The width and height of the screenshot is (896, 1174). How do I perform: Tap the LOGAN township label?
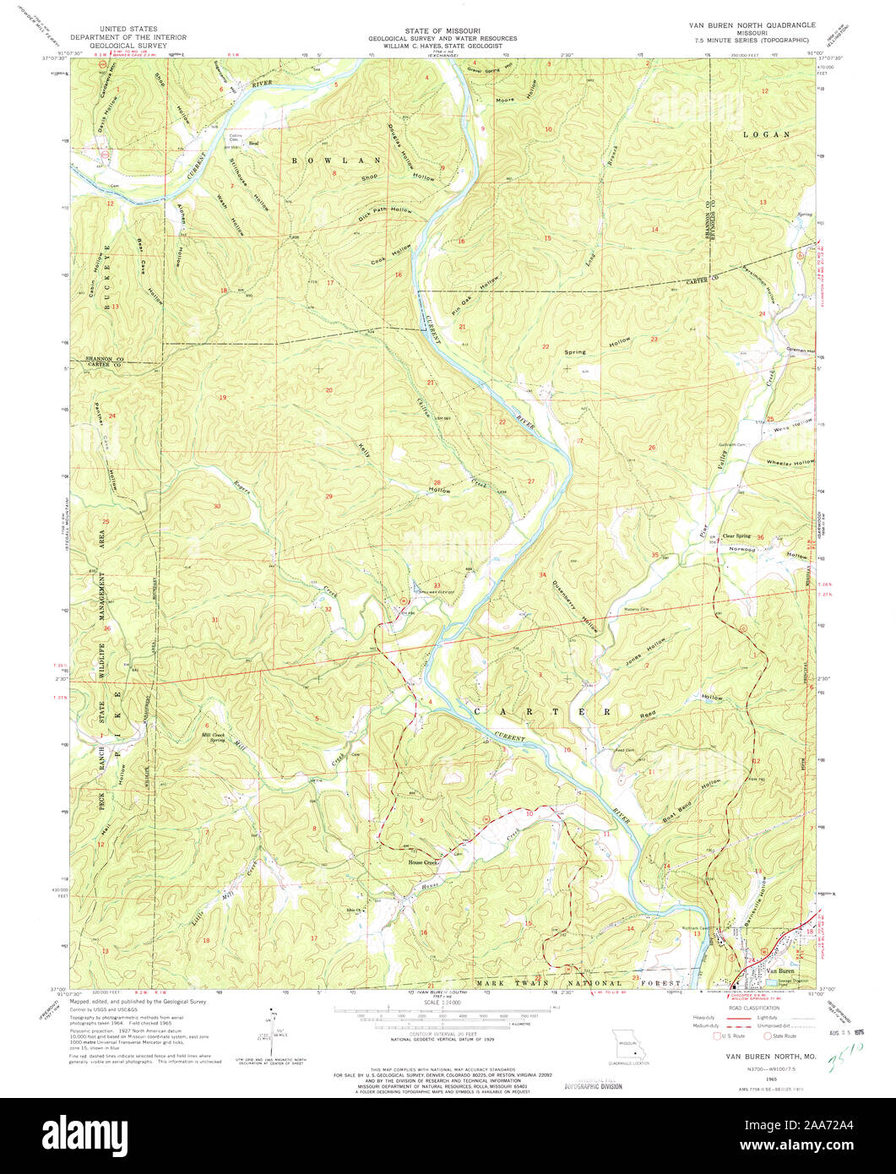[x=766, y=134]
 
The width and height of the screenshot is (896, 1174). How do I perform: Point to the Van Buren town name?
[x=782, y=972]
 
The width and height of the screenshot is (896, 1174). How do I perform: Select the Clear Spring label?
[x=736, y=535]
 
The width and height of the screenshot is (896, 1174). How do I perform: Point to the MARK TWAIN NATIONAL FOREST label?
[x=578, y=984]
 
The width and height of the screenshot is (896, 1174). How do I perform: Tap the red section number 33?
[x=437, y=585]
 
